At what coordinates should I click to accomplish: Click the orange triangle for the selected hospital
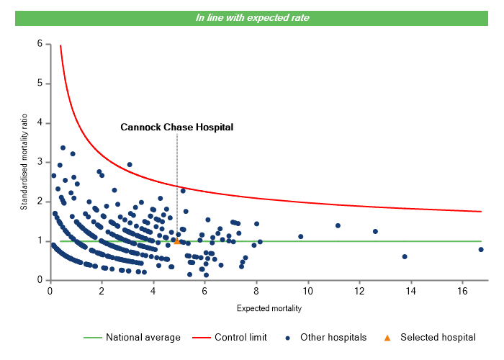coord(177,241)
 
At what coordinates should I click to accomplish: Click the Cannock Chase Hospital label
coord(177,127)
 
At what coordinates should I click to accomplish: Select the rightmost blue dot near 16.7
coord(481,250)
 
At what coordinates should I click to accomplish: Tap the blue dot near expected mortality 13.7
coord(405,256)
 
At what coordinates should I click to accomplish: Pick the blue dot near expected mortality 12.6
coord(375,231)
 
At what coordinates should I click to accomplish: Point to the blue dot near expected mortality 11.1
coord(338,225)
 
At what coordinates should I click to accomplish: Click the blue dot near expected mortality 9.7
coord(301,236)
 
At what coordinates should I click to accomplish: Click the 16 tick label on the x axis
coord(463,291)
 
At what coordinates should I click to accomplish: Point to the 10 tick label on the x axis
coord(308,291)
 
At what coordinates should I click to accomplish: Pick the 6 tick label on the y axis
coord(40,44)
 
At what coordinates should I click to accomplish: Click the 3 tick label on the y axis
coord(40,162)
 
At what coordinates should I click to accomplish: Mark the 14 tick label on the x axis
coord(411,291)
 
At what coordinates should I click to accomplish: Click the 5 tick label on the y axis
coord(40,84)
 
